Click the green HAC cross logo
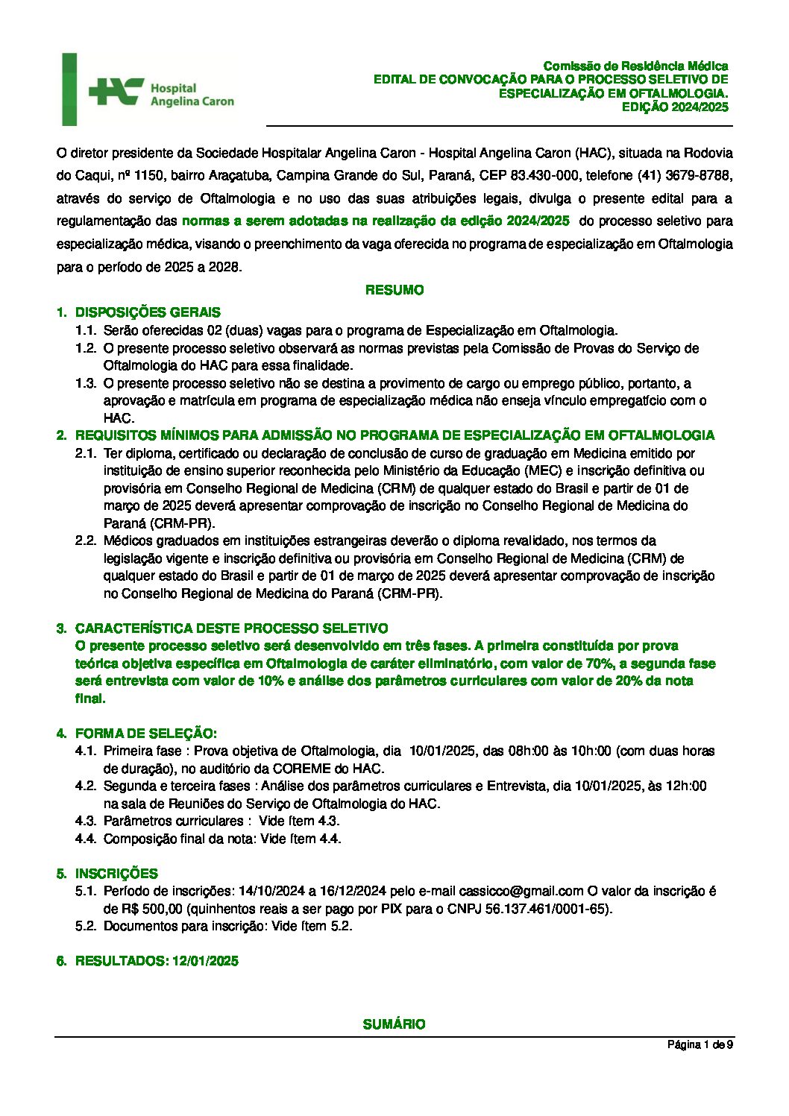click(116, 91)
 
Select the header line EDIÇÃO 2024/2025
click(675, 107)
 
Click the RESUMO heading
click(394, 290)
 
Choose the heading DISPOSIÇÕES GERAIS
click(148, 312)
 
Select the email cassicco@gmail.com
click(521, 891)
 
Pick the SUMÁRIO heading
click(394, 1024)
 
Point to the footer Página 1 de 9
click(700, 1045)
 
